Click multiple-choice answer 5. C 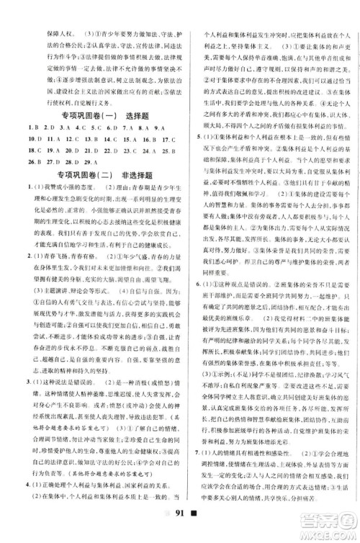click(x=96, y=129)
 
